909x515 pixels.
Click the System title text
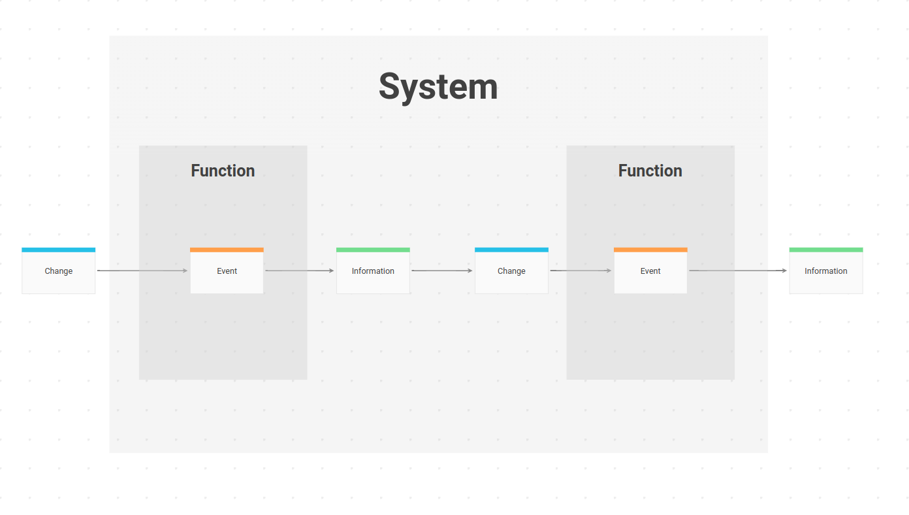pos(438,87)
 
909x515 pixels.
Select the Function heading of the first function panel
pos(223,171)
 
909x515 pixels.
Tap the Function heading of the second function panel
pos(650,171)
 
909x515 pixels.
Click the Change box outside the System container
pos(58,271)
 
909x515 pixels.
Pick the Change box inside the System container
pos(511,271)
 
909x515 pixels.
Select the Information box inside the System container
pos(373,271)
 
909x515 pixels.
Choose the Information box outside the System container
pos(826,271)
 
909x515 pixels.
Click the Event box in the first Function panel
pos(227,271)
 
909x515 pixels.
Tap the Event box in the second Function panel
pos(650,271)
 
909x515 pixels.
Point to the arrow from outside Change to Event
pos(142,271)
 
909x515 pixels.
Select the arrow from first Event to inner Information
pos(300,271)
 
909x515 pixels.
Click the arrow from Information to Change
pos(442,271)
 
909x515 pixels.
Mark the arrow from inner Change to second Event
pos(581,271)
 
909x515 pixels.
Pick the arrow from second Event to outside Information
pos(738,271)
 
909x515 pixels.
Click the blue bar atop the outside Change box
pos(58,250)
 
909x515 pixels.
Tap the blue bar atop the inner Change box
pos(511,250)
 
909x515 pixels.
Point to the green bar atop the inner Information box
pos(373,250)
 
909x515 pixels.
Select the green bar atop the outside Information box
pos(826,250)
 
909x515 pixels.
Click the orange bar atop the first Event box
pos(227,250)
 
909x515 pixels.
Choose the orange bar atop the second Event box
pos(650,250)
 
